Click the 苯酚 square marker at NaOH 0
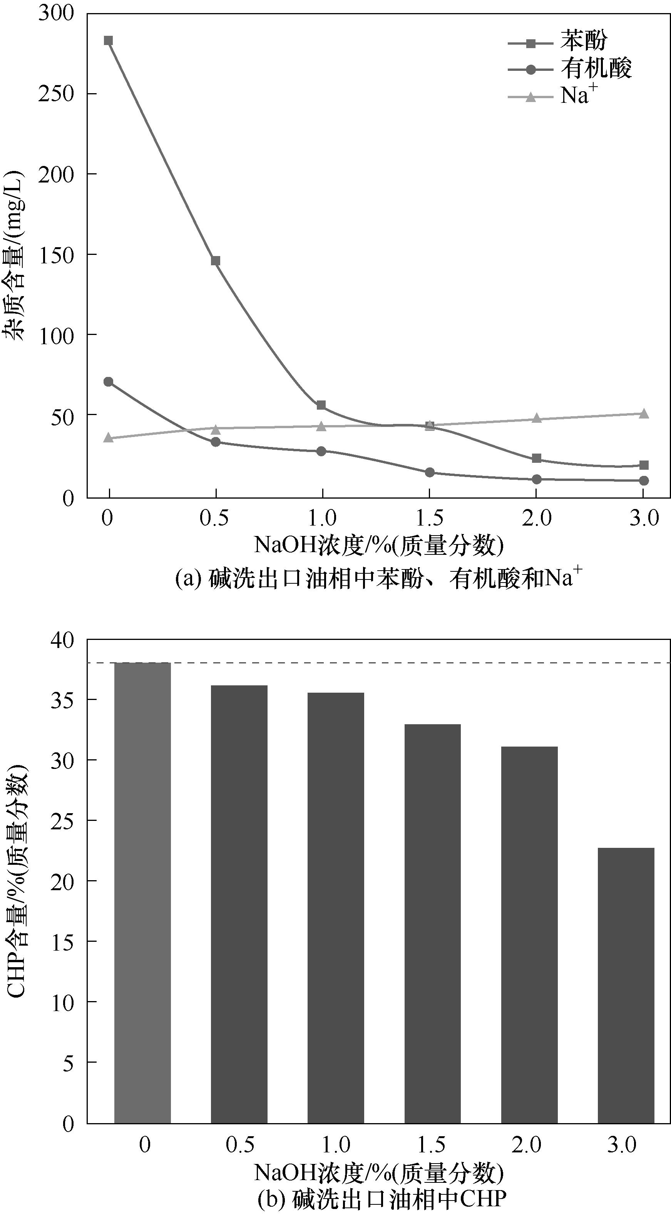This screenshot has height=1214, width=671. (x=109, y=40)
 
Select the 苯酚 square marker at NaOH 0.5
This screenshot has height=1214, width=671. (x=215, y=261)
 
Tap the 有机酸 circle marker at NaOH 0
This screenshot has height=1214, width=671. (x=109, y=382)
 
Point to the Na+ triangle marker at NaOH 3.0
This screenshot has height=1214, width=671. (x=644, y=413)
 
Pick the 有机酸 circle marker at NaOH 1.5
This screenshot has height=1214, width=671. (x=429, y=472)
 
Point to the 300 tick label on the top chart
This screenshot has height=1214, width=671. (x=56, y=13)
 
